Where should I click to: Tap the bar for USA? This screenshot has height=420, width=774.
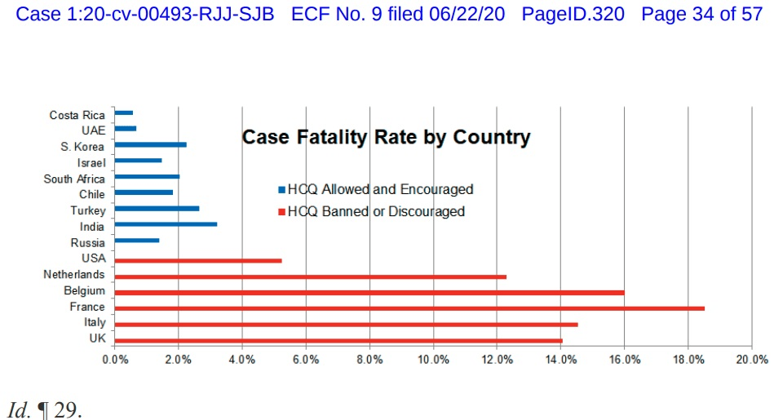(x=198, y=261)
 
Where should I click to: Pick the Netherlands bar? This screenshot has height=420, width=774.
(x=311, y=276)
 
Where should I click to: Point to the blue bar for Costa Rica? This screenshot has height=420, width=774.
(x=124, y=113)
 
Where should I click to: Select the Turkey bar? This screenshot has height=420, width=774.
(x=157, y=208)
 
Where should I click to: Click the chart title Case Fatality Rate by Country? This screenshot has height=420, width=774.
(x=386, y=137)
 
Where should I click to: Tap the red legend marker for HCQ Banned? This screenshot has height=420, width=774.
(x=282, y=212)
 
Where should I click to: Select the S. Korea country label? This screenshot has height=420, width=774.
(x=82, y=147)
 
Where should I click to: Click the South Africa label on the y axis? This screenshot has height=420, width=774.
(x=74, y=179)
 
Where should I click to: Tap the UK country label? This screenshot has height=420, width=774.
(x=96, y=338)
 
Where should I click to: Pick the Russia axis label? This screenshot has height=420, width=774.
(x=88, y=243)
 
